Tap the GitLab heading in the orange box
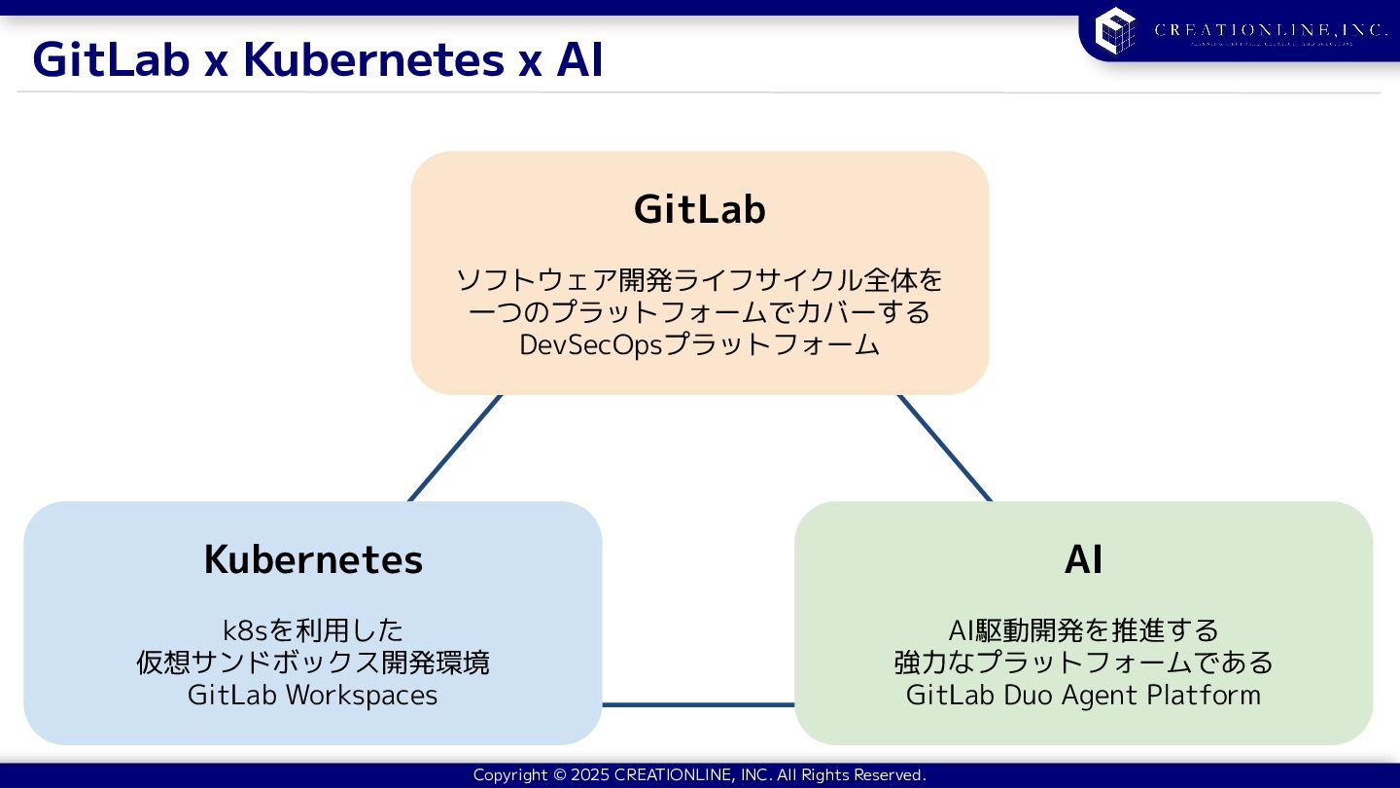[700, 209]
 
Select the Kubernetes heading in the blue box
[313, 559]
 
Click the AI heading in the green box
[1083, 559]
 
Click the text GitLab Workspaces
[312, 696]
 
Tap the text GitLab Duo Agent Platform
[1083, 696]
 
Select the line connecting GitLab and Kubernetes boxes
[455, 448]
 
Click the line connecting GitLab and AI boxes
[944, 448]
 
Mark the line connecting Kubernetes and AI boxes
[698, 704]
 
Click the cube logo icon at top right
[1115, 30]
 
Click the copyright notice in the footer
[699, 775]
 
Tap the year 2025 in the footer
[590, 775]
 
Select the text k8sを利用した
[312, 630]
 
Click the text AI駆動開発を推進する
[1083, 630]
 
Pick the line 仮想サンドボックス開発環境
[312, 663]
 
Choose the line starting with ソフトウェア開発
[700, 280]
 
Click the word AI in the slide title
[579, 60]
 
